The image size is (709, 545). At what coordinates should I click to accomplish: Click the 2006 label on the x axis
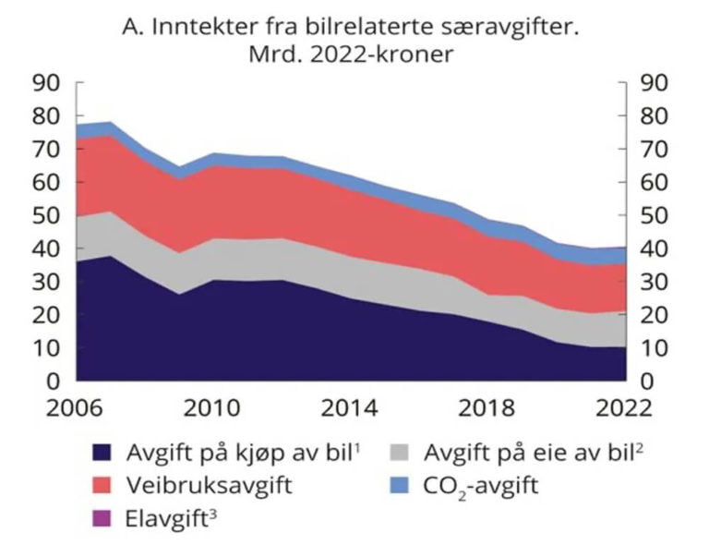[76, 408]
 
